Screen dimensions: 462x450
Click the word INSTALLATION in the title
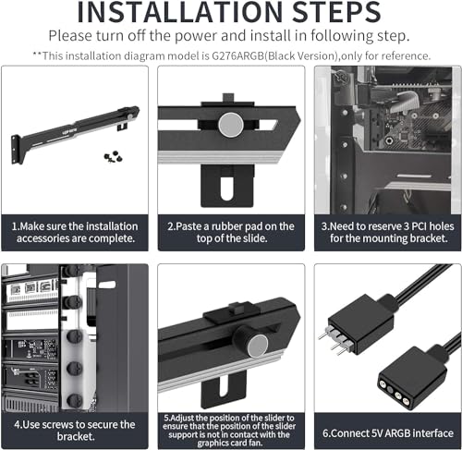coord(179,12)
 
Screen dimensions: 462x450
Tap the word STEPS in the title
coord(336,12)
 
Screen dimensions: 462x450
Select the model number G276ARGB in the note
coord(237,56)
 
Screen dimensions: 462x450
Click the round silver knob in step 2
coord(231,125)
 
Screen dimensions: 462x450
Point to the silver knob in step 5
coord(258,347)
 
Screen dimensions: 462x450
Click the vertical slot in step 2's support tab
coord(227,188)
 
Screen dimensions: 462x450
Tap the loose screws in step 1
coord(113,156)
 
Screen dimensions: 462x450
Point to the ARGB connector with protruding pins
coord(358,325)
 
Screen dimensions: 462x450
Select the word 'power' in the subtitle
coord(196,36)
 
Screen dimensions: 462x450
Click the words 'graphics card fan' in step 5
coord(230,443)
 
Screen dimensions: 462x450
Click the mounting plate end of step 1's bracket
coord(16,149)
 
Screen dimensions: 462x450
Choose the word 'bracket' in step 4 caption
coord(75,436)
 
